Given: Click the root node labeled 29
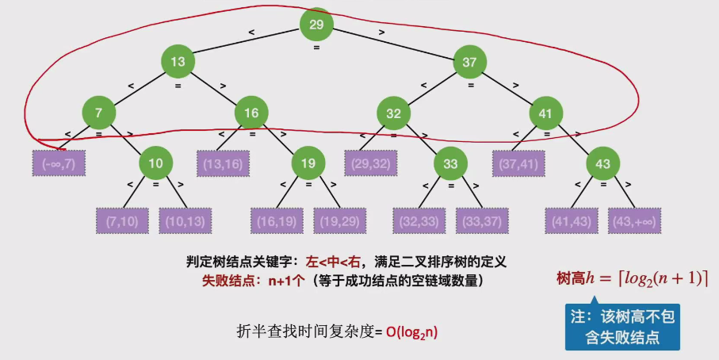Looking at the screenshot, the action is [x=316, y=25].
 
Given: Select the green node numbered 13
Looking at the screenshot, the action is [x=178, y=61].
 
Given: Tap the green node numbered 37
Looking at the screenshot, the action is [x=468, y=61].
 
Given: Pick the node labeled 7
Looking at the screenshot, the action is [x=98, y=113].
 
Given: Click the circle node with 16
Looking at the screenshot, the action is [x=251, y=113].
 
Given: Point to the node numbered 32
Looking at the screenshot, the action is [x=393, y=113].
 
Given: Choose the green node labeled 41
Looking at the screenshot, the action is [x=545, y=113].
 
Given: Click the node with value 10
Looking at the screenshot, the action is [x=156, y=164].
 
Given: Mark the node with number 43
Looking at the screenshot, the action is [x=603, y=164].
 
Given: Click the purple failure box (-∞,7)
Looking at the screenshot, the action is [x=59, y=163].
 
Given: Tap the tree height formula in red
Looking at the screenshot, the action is [x=632, y=278].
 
